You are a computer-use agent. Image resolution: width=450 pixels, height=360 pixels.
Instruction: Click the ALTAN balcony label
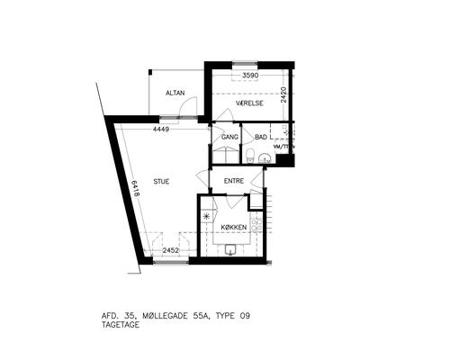(175, 93)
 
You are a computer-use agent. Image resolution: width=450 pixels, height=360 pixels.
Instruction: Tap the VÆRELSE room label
(249, 103)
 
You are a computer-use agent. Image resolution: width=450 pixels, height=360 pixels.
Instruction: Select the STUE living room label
(161, 182)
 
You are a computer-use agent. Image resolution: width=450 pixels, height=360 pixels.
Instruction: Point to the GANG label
(229, 137)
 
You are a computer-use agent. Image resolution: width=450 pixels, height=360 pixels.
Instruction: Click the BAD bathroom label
(261, 137)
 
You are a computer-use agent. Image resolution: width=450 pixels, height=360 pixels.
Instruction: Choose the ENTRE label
(234, 181)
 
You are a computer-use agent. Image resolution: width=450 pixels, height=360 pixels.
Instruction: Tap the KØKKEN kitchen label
(234, 228)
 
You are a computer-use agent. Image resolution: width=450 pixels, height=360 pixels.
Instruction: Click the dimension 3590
(250, 76)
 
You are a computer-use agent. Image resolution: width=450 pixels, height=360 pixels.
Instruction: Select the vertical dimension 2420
(283, 94)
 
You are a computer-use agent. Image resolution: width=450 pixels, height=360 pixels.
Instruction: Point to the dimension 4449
(161, 130)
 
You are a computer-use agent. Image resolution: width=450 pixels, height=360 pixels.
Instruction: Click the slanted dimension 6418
(135, 188)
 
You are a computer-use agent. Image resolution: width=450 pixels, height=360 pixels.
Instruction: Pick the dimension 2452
(171, 250)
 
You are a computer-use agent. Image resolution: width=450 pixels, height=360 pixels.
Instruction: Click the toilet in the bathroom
(250, 156)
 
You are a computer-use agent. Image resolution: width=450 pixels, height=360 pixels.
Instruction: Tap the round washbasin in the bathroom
(265, 158)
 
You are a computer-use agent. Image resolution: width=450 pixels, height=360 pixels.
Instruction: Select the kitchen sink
(230, 249)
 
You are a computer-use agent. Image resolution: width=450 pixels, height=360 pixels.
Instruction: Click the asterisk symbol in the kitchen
(206, 216)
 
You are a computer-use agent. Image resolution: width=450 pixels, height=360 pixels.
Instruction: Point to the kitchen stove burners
(256, 225)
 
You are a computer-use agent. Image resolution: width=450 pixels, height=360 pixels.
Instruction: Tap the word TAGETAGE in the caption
(121, 325)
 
